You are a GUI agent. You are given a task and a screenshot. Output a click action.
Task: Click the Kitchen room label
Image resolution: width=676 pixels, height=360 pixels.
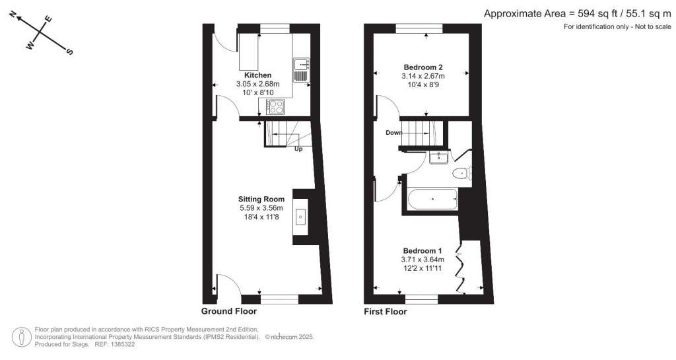(257, 75)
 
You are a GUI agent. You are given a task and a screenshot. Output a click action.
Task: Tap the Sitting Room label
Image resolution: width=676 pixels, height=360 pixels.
(262, 199)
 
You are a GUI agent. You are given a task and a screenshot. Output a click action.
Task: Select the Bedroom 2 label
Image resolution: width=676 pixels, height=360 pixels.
(423, 67)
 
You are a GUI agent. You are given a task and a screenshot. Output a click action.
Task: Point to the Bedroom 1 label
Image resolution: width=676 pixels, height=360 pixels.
(422, 250)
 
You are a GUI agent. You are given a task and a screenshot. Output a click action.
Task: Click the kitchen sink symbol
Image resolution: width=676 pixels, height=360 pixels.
(302, 65)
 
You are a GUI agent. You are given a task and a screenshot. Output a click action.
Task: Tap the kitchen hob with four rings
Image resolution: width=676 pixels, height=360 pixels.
(276, 106)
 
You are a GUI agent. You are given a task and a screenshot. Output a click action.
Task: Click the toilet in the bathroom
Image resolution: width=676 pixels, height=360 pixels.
(461, 174)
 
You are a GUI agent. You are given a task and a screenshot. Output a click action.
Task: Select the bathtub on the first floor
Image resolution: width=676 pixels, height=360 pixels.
(433, 198)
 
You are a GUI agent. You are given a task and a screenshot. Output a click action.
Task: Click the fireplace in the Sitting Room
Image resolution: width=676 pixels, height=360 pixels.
(301, 216)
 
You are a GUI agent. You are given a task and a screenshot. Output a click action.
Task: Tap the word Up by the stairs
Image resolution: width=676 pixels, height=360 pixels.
(298, 149)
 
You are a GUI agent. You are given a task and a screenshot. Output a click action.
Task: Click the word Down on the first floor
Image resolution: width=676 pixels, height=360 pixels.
(394, 133)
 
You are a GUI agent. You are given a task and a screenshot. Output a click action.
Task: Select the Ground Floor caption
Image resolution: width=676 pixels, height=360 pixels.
(229, 311)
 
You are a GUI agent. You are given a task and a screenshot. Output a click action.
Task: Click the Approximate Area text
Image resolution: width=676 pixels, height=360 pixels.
(579, 13)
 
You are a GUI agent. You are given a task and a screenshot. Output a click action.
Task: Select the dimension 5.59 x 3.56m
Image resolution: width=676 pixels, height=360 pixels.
(262, 208)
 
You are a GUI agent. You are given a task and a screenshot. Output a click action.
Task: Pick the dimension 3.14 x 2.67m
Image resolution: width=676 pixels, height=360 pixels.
(423, 76)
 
